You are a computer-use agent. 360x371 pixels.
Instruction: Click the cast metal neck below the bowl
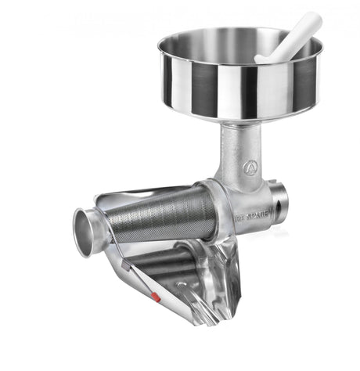pos(235,149)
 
